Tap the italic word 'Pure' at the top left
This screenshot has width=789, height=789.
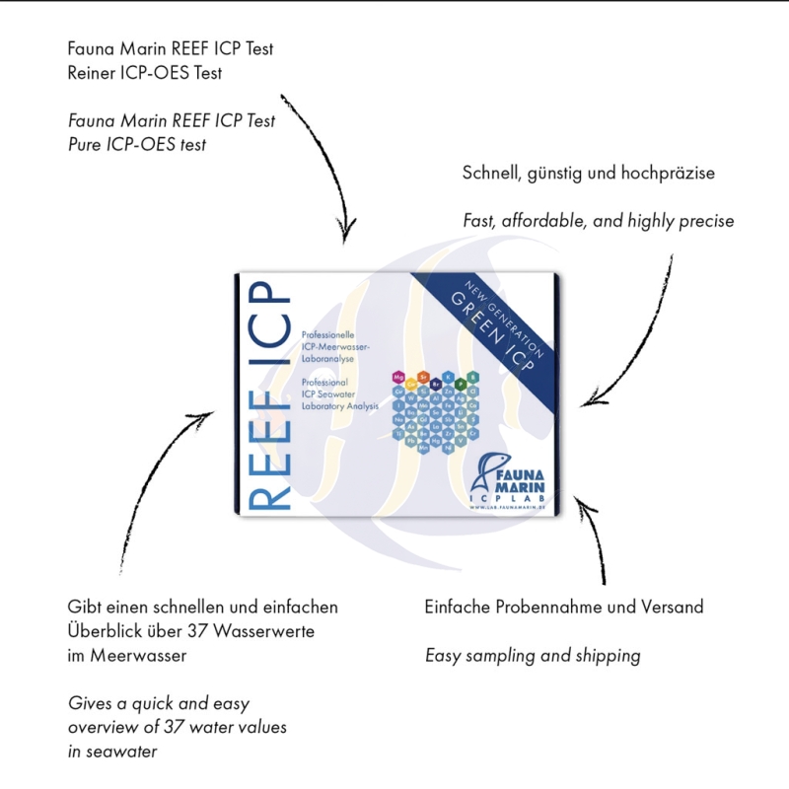tap(86, 145)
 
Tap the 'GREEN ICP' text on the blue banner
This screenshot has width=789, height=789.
tap(498, 335)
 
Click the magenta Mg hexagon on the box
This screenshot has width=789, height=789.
tap(398, 378)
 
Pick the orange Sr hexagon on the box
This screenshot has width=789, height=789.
tap(424, 378)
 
